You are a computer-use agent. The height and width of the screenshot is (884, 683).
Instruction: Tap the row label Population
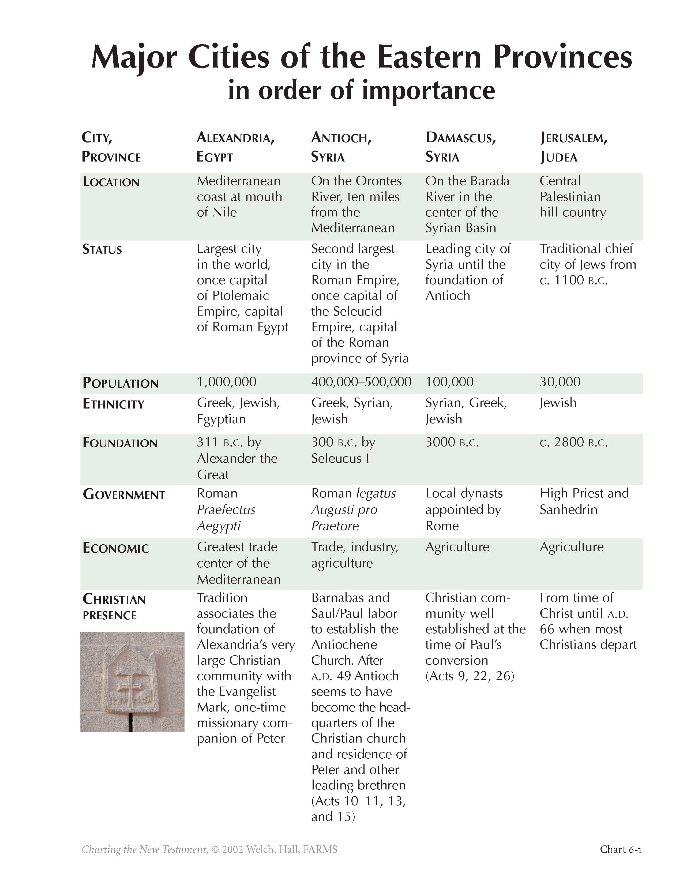point(121,383)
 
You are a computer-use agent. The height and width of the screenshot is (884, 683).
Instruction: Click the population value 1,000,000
point(227,382)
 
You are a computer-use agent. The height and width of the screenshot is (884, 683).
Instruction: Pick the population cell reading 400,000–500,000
point(361,382)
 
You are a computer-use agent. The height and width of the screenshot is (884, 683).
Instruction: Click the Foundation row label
point(120,443)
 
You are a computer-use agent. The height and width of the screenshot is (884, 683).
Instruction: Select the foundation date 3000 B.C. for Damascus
point(452,442)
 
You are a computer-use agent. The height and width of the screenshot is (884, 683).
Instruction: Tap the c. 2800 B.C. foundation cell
point(573,442)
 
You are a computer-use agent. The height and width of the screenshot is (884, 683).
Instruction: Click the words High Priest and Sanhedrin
point(584,501)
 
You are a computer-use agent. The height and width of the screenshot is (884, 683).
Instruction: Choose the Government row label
point(124,494)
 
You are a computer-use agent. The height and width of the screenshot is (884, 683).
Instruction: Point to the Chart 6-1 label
point(620,849)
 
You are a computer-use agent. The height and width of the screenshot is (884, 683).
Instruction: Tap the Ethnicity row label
point(113,404)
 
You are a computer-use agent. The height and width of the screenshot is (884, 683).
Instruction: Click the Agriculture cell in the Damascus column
point(457,547)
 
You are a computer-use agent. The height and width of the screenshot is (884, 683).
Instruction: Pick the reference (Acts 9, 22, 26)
point(469,676)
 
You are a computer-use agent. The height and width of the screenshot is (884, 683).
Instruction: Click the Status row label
point(102,249)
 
